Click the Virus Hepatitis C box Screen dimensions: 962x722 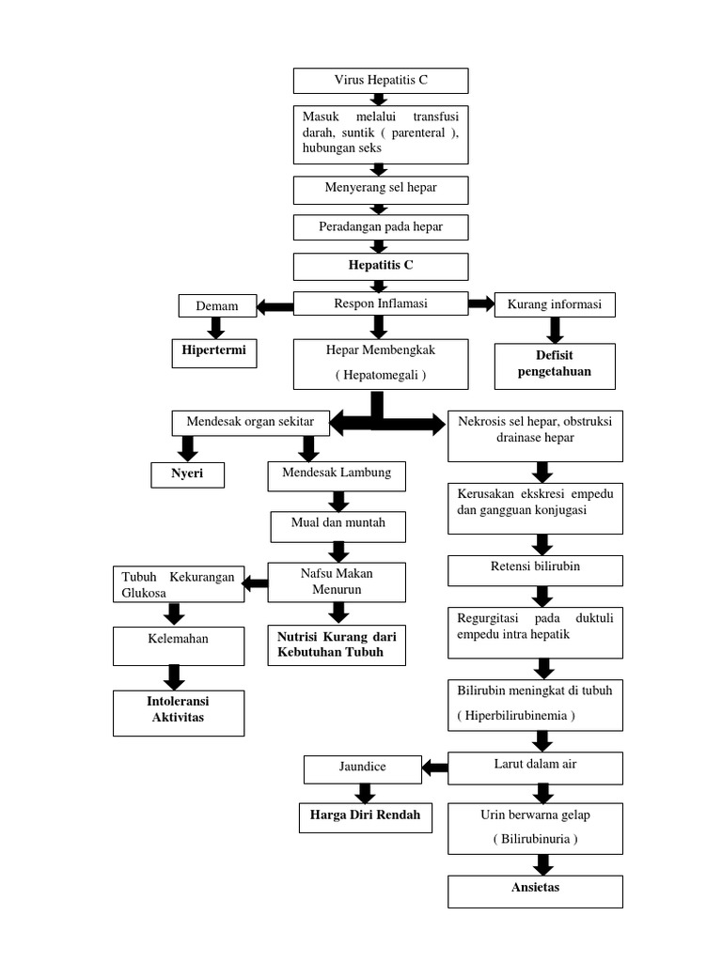pyautogui.click(x=381, y=81)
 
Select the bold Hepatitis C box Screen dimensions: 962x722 pyautogui.click(x=381, y=266)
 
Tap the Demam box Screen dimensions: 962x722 pyautogui.click(x=216, y=305)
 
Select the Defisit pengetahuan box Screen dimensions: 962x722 pyautogui.click(x=555, y=365)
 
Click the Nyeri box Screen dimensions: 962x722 pyautogui.click(x=189, y=475)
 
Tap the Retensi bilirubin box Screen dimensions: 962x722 pyautogui.click(x=535, y=569)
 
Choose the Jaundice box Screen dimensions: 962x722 pyautogui.click(x=362, y=768)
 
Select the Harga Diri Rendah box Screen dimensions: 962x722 pyautogui.click(x=366, y=817)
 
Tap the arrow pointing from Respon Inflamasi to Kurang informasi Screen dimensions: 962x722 pyautogui.click(x=481, y=303)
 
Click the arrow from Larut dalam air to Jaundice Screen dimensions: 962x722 pyautogui.click(x=434, y=768)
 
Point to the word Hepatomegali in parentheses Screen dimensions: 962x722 pyautogui.click(x=380, y=375)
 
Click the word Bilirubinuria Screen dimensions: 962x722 pyautogui.click(x=535, y=839)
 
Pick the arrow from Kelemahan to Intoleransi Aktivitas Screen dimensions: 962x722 pyautogui.click(x=173, y=675)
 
